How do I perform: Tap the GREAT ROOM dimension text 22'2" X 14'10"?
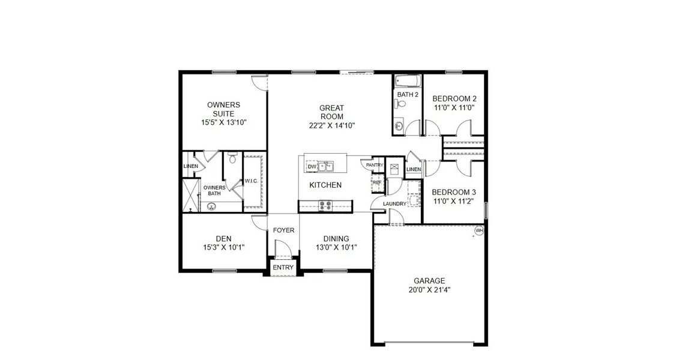click(x=331, y=126)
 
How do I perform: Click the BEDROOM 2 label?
click(x=454, y=98)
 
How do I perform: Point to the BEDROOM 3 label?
click(x=454, y=192)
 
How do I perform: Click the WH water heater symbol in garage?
click(x=479, y=230)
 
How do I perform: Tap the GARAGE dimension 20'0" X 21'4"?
click(x=429, y=289)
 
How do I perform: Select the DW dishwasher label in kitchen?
click(x=311, y=167)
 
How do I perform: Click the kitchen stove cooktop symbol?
click(x=326, y=205)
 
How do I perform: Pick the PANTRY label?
click(x=375, y=165)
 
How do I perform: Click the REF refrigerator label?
click(x=377, y=182)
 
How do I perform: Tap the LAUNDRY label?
click(x=394, y=204)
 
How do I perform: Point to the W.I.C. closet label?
click(x=251, y=181)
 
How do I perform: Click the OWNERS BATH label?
click(x=213, y=190)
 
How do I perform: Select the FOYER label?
click(x=283, y=230)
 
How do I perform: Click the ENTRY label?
click(x=283, y=268)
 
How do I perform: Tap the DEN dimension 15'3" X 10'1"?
click(x=223, y=247)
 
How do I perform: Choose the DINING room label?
click(x=336, y=238)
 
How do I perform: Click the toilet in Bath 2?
click(x=403, y=103)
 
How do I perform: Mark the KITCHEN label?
click(x=325, y=185)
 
